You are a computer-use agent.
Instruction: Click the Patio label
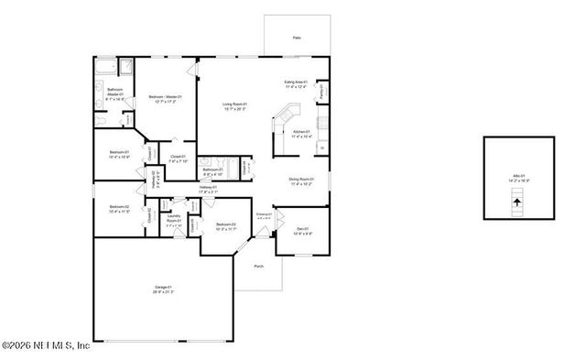(297, 38)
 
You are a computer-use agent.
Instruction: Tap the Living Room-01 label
(235, 106)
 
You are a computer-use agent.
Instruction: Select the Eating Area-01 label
(296, 84)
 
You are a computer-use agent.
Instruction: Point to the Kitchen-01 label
(302, 134)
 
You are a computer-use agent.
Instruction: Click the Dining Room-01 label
(301, 180)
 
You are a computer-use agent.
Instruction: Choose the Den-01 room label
(303, 231)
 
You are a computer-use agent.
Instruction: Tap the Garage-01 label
(163, 290)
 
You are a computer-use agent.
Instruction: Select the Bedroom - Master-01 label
(166, 98)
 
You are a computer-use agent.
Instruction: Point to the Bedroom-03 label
(226, 226)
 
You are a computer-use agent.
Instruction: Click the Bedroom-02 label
(120, 209)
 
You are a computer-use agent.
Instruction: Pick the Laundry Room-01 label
(174, 221)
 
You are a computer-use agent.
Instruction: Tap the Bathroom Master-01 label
(115, 93)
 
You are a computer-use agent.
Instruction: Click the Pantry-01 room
(322, 92)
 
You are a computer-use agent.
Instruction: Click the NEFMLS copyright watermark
(46, 346)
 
